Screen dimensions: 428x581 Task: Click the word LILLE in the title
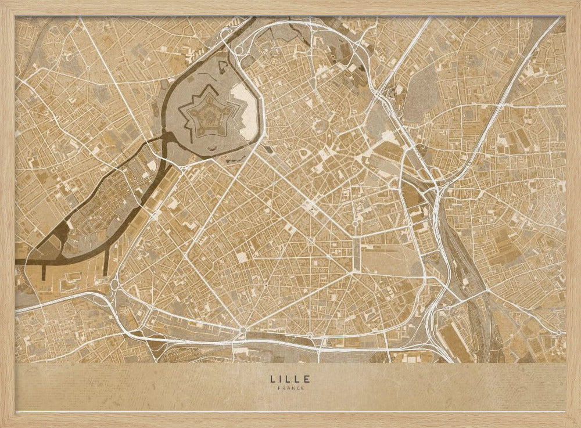[290, 379]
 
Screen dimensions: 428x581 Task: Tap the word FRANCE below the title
[290, 388]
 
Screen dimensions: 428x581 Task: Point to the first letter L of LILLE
[272, 379]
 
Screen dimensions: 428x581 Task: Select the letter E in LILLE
[307, 379]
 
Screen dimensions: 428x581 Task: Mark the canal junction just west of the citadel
[168, 139]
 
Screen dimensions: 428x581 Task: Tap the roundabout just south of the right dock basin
[114, 285]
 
